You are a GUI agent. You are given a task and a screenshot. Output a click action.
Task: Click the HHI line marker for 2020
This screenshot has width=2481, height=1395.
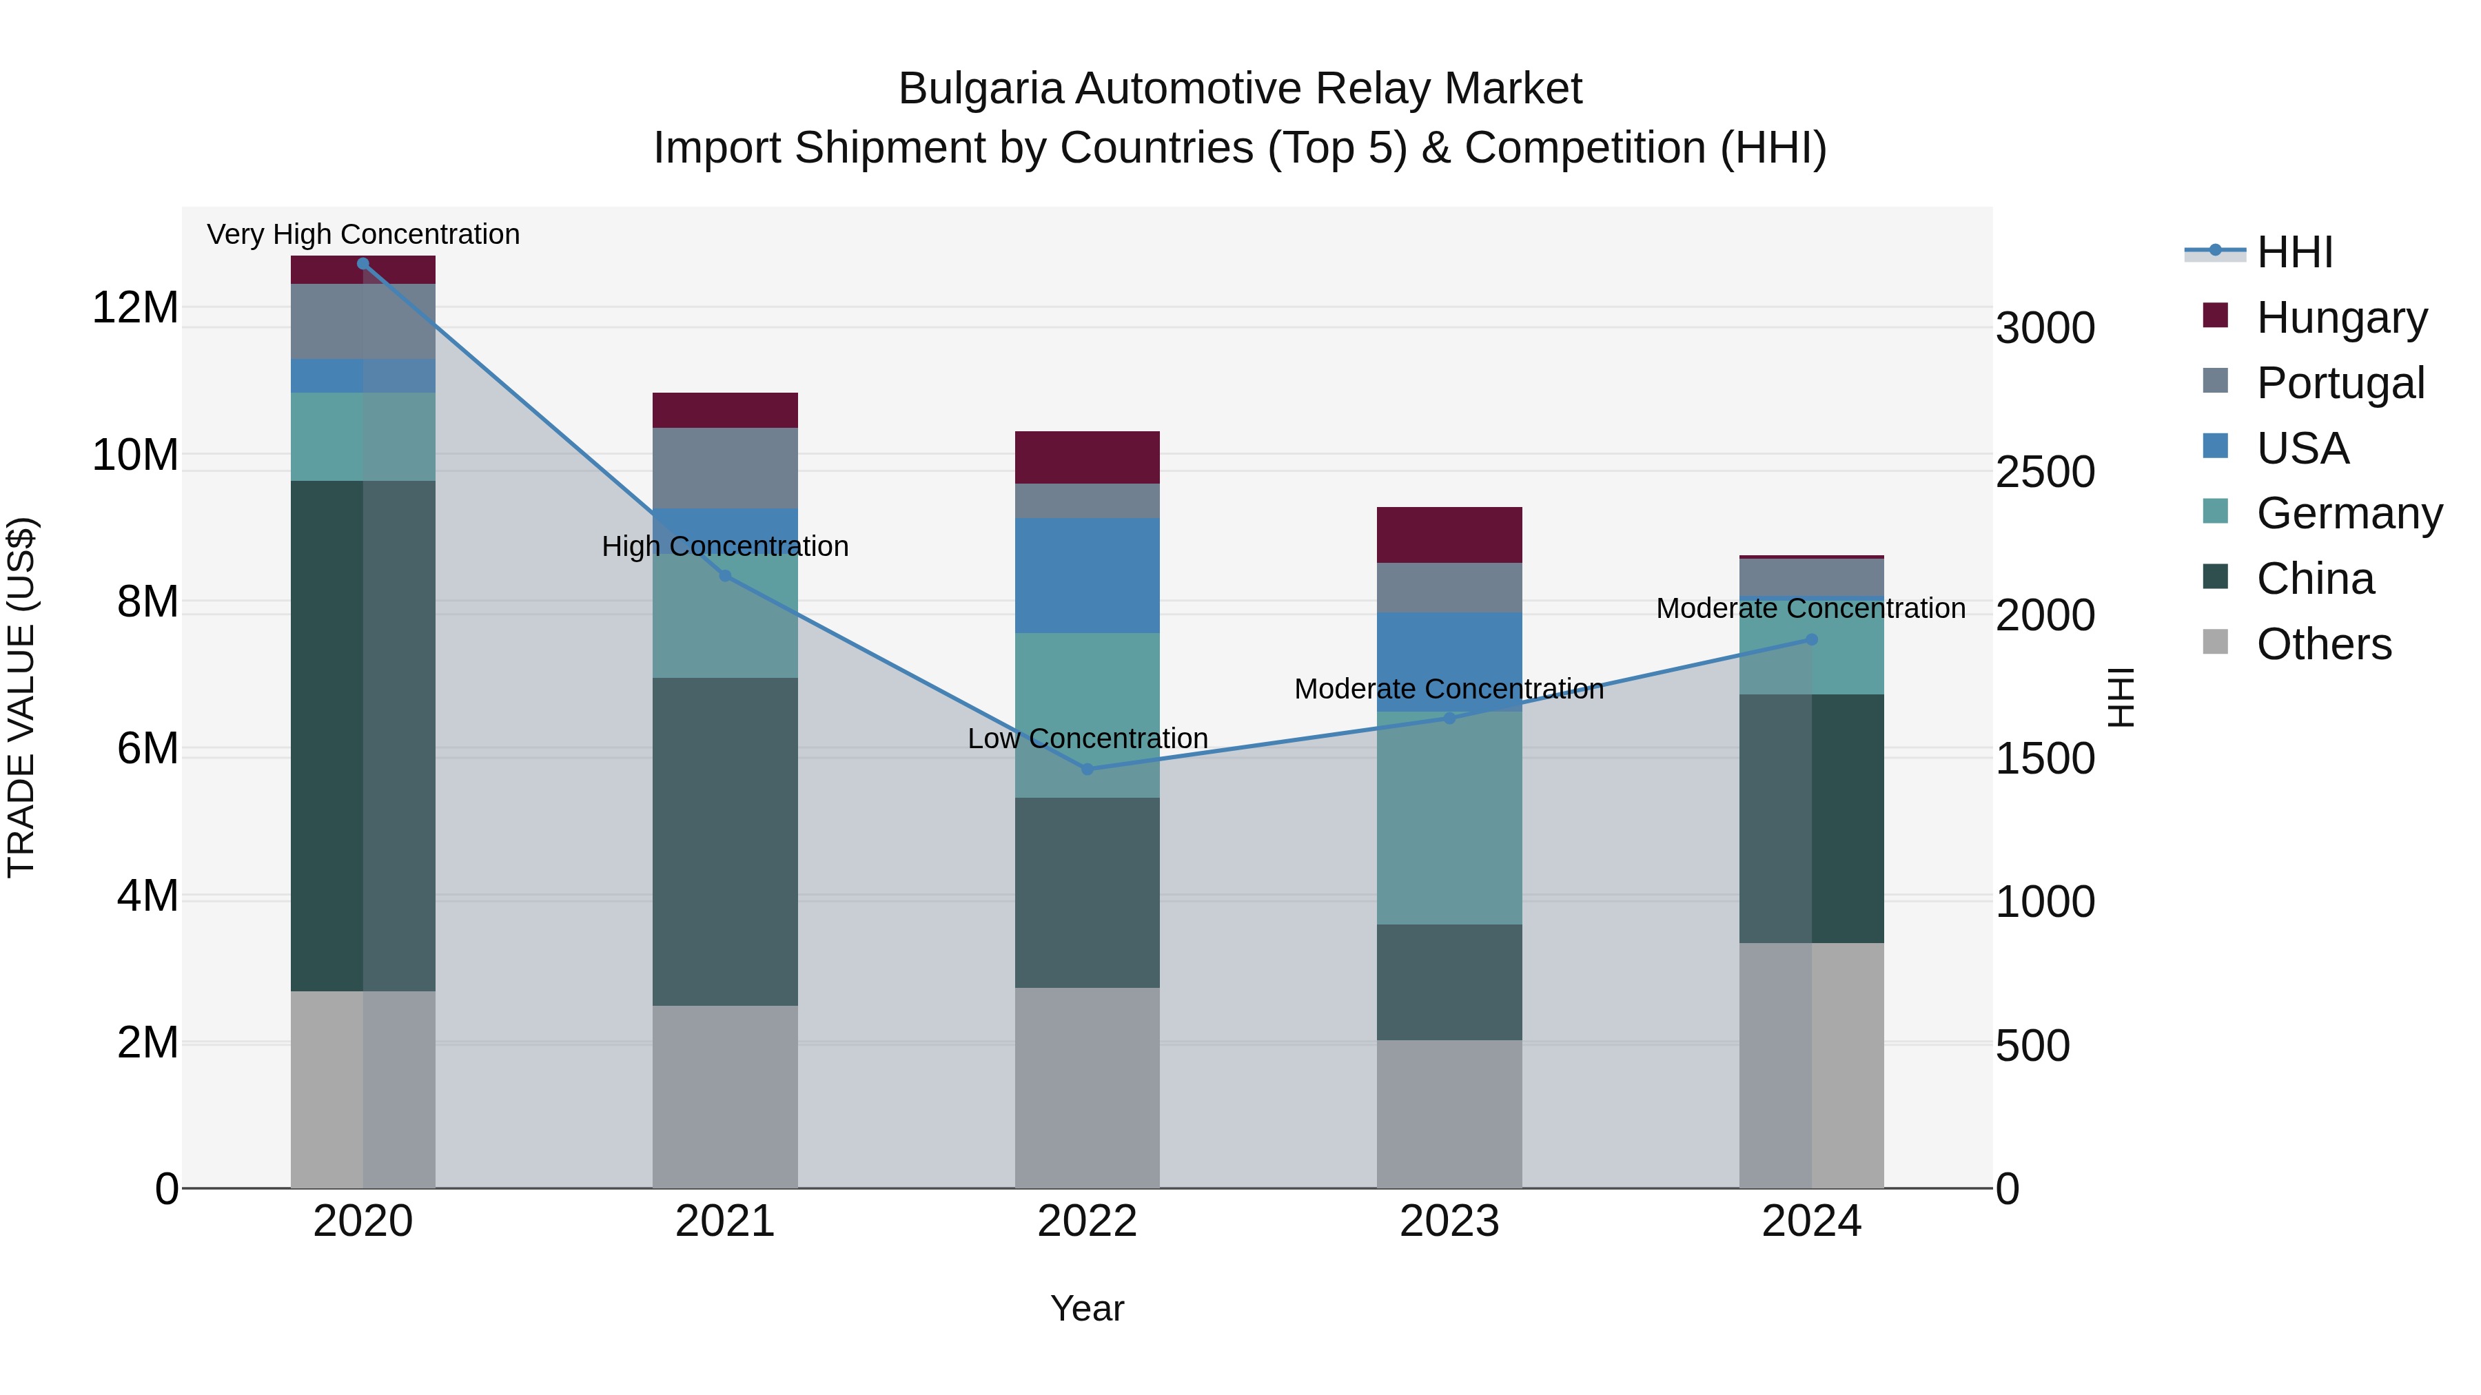363,264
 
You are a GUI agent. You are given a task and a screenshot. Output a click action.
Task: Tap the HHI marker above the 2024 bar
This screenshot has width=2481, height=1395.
1810,639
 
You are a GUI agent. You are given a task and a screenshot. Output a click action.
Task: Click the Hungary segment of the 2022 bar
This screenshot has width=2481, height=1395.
1088,457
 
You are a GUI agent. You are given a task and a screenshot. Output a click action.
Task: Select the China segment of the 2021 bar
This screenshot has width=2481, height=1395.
725,841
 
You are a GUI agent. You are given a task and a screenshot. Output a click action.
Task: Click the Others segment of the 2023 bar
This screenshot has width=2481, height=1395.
1449,1113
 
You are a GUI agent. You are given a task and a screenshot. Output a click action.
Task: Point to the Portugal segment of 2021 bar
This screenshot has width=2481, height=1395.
725,467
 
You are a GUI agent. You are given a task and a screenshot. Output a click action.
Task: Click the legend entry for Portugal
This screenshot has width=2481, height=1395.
2340,382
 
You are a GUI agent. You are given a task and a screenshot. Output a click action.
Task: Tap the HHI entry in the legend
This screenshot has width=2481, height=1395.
2294,252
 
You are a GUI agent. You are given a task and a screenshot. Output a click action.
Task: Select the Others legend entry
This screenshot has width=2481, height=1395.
2323,644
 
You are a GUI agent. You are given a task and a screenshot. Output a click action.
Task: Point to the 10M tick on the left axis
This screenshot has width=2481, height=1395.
135,455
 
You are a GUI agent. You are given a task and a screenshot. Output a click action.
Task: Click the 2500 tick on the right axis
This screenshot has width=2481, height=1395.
2045,472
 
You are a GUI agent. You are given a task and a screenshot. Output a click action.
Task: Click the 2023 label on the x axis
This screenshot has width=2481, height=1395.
1449,1221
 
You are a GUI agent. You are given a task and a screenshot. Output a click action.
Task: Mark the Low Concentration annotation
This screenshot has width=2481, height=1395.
1088,738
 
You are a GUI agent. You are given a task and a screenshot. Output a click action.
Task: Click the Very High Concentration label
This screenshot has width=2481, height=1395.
363,234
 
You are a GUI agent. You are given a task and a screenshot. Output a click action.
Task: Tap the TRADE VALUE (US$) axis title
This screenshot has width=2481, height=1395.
21,697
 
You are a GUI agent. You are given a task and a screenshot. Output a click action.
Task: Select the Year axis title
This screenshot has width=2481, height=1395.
1088,1308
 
